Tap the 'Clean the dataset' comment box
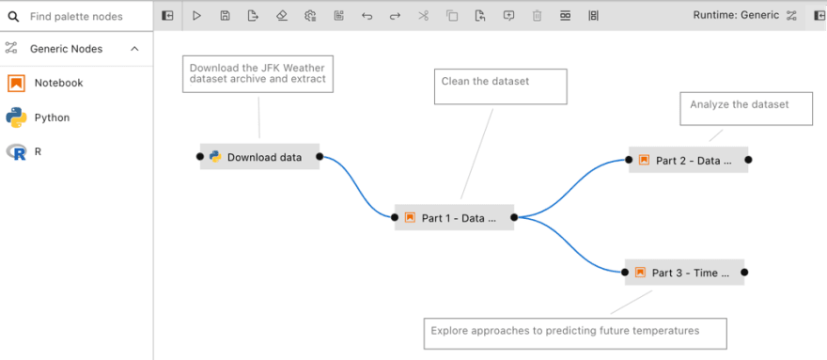[500, 86]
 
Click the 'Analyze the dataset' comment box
[746, 108]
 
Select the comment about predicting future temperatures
[575, 333]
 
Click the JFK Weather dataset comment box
[258, 73]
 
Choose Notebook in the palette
[58, 83]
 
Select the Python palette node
[52, 117]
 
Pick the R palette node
[38, 151]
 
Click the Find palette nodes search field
[85, 16]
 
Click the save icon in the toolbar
[225, 16]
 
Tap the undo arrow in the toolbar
[367, 16]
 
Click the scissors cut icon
[423, 16]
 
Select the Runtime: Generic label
[735, 15]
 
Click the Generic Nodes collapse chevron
[134, 49]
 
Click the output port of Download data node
[320, 157]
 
